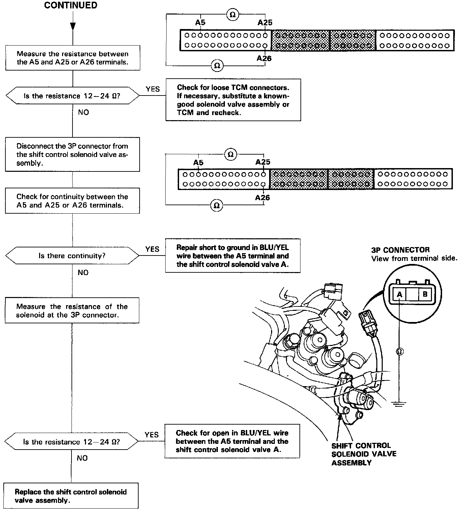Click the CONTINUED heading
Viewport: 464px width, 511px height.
click(x=70, y=5)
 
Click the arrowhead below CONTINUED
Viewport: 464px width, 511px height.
click(x=72, y=27)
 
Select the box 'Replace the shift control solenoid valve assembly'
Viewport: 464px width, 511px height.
click(x=71, y=496)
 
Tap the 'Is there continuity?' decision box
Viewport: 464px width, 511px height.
click(x=72, y=256)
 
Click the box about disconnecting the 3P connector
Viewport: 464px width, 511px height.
click(x=72, y=154)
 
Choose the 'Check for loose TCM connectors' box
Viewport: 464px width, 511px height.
click(x=233, y=100)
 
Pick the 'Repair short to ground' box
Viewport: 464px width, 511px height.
click(x=232, y=256)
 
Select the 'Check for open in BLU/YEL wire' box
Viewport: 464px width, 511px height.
click(x=232, y=441)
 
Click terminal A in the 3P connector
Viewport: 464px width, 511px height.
click(x=400, y=294)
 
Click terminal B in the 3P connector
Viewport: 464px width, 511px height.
click(x=425, y=294)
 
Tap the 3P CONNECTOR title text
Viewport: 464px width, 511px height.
click(x=400, y=250)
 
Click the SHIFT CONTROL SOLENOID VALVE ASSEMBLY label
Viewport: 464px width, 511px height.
click(x=364, y=454)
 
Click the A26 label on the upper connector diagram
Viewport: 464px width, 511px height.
click(x=264, y=58)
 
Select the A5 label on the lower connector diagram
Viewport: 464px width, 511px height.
click(x=198, y=163)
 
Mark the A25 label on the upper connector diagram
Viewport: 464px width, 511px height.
click(x=265, y=23)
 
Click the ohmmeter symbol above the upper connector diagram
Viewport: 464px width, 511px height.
click(x=232, y=15)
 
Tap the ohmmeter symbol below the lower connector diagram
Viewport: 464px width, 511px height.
click(x=216, y=205)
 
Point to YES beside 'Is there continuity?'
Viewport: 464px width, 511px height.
click(x=152, y=249)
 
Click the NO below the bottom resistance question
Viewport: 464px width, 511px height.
click(x=82, y=458)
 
